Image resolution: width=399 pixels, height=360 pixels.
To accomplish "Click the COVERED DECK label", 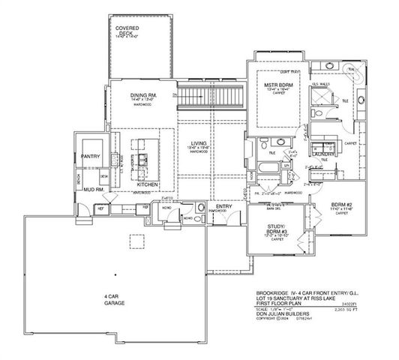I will (x=127, y=31).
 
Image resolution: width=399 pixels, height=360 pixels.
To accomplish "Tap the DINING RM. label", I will (x=142, y=94).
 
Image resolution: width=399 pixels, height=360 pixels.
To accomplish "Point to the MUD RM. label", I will (x=94, y=190).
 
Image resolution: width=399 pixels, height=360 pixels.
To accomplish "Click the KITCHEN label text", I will (x=148, y=183).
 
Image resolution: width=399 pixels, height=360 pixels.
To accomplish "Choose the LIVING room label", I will (x=198, y=143).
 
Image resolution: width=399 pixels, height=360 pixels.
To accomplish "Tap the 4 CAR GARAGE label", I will (x=114, y=299).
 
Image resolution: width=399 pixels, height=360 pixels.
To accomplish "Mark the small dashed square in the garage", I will (x=136, y=240).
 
